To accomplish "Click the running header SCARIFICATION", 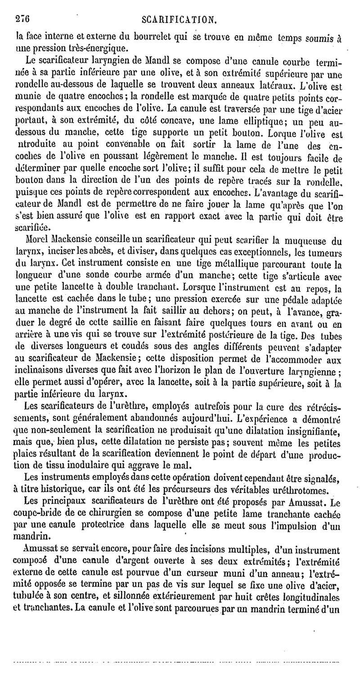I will [180, 19].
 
